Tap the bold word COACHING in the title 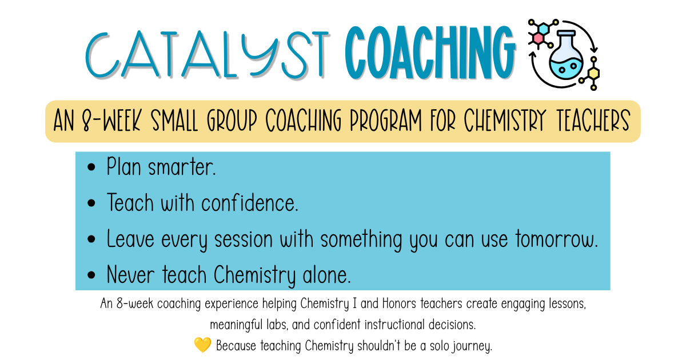click(x=430, y=53)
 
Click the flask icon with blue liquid click(x=566, y=54)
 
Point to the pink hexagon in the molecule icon click(x=538, y=39)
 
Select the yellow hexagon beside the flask click(x=593, y=74)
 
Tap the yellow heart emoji click(x=203, y=345)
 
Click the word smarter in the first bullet click(x=182, y=168)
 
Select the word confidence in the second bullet click(x=249, y=203)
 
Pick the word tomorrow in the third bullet click(x=556, y=239)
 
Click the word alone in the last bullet click(x=326, y=275)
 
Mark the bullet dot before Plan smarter click(x=91, y=167)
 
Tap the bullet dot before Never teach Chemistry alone click(x=91, y=275)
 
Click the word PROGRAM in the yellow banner click(x=386, y=121)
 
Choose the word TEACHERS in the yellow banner click(x=593, y=121)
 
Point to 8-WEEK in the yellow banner click(x=112, y=121)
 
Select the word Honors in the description click(x=399, y=303)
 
